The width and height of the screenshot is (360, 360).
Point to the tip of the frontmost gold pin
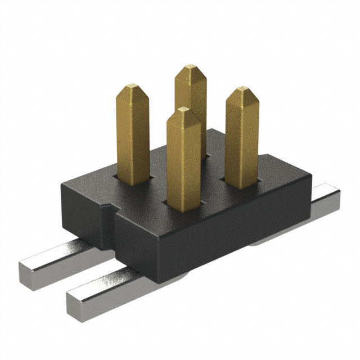click(182, 109)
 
